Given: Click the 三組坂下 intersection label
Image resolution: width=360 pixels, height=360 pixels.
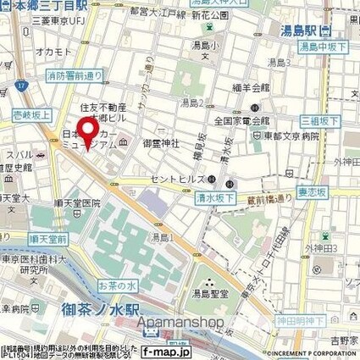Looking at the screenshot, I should (x=339, y=121).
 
